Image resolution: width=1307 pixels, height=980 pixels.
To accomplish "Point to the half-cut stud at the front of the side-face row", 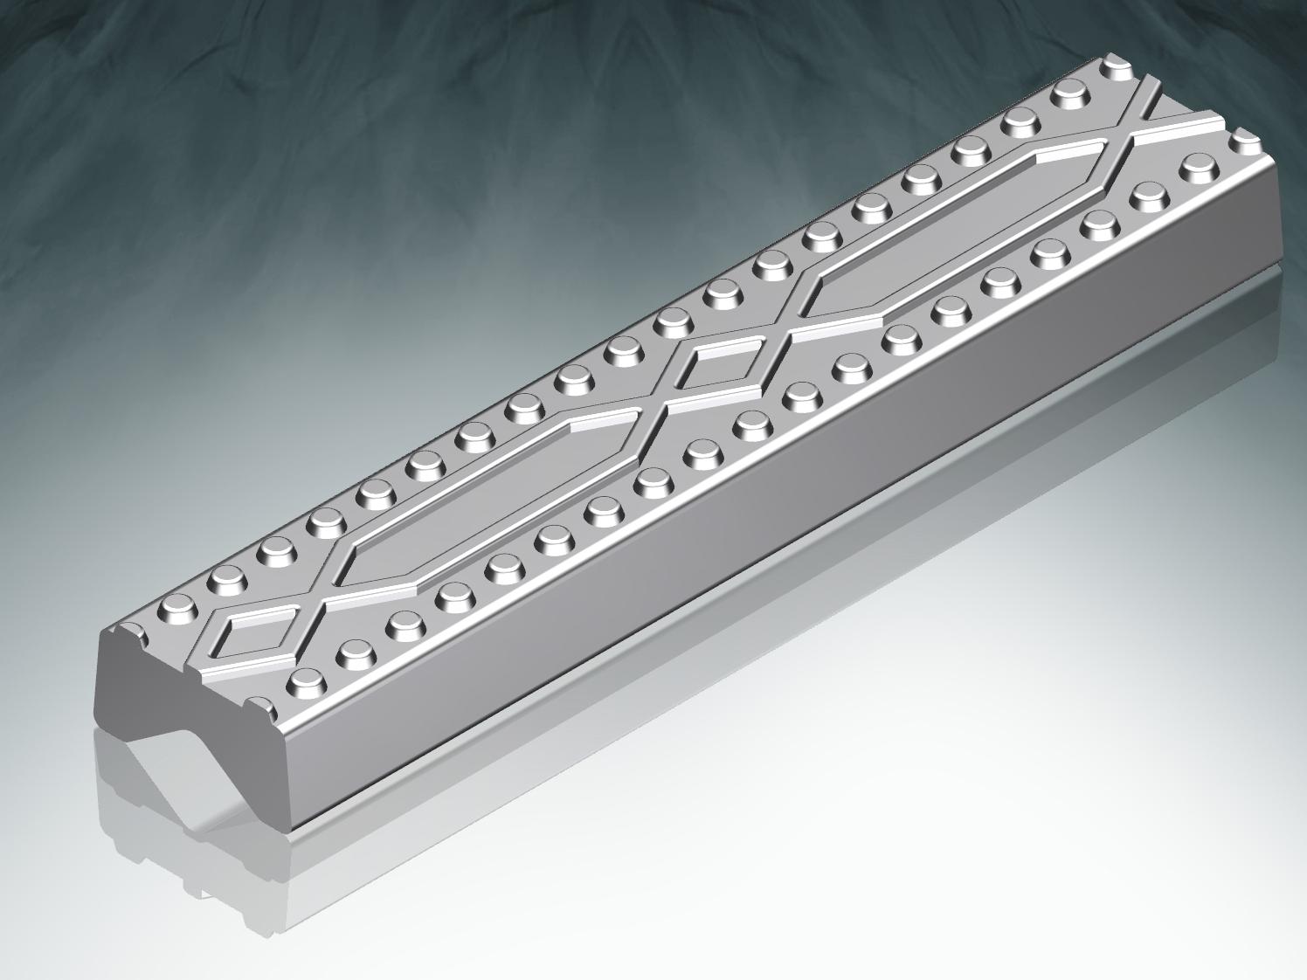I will [x=260, y=704].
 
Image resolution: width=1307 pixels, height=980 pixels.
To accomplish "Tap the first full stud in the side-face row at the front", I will [x=304, y=680].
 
